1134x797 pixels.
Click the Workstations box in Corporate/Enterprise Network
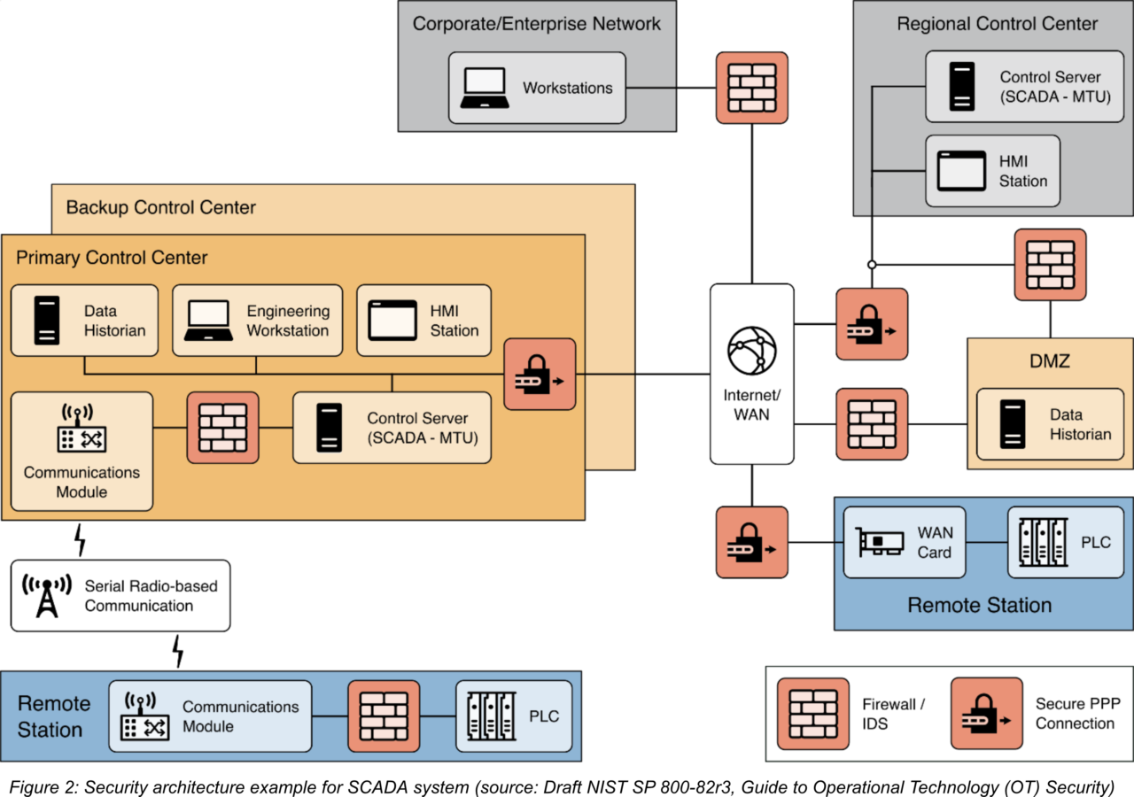click(537, 87)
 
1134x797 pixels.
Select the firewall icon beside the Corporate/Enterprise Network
click(751, 88)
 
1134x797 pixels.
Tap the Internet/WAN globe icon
click(751, 351)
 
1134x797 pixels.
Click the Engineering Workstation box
click(257, 321)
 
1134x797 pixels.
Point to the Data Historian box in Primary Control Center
click(84, 321)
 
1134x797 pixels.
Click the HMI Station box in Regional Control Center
click(992, 170)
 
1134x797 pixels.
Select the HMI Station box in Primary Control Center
click(423, 321)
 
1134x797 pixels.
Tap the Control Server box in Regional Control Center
click(1017, 86)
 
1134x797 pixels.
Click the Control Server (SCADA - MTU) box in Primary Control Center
click(392, 428)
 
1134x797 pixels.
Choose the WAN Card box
click(903, 542)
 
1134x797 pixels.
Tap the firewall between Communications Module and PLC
click(383, 716)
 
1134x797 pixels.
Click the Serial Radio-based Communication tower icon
click(46, 595)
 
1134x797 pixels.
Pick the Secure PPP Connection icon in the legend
click(986, 714)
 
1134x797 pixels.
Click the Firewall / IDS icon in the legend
click(812, 714)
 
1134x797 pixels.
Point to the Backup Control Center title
click(160, 207)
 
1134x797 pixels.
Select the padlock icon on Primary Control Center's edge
click(540, 374)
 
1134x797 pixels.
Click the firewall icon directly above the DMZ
click(1050, 265)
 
